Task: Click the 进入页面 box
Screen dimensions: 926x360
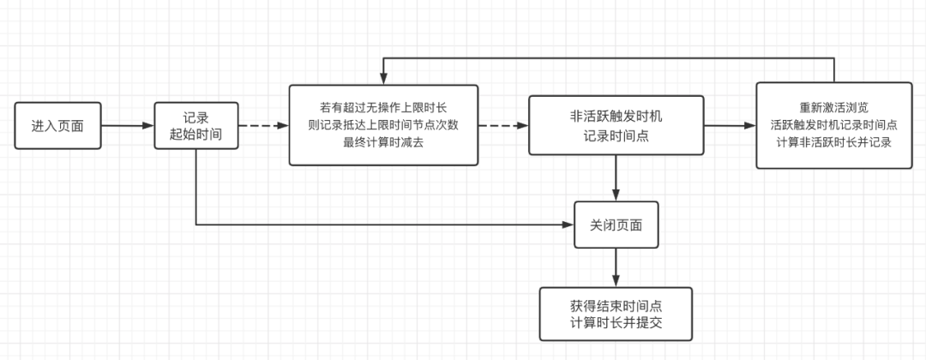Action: click(58, 126)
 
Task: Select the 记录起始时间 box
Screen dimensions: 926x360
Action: click(196, 126)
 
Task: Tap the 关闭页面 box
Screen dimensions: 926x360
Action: click(616, 225)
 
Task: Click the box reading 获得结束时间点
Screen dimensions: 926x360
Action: click(616, 314)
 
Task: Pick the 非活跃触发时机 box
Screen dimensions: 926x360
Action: click(616, 125)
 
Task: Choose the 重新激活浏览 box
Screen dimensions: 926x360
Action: click(834, 125)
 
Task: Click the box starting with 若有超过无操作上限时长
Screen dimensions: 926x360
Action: click(383, 125)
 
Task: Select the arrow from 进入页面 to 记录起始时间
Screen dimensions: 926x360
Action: click(128, 126)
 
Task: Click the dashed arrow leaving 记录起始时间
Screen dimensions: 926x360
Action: click(263, 126)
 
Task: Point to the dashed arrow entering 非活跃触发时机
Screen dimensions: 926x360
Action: click(503, 126)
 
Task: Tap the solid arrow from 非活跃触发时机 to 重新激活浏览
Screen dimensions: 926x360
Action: click(730, 126)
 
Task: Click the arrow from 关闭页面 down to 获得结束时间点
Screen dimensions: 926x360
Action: click(616, 267)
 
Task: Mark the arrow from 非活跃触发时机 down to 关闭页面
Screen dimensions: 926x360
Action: click(616, 178)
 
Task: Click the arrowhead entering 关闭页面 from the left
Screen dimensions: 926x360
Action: click(568, 225)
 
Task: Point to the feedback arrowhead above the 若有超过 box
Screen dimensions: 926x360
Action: click(383, 80)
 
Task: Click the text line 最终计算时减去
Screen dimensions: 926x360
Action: click(383, 142)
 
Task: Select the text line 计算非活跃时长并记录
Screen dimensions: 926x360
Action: click(834, 142)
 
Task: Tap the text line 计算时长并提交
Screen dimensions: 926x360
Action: click(616, 323)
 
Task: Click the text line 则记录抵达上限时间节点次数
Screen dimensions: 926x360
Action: click(383, 125)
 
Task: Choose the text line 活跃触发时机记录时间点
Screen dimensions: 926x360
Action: click(834, 125)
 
